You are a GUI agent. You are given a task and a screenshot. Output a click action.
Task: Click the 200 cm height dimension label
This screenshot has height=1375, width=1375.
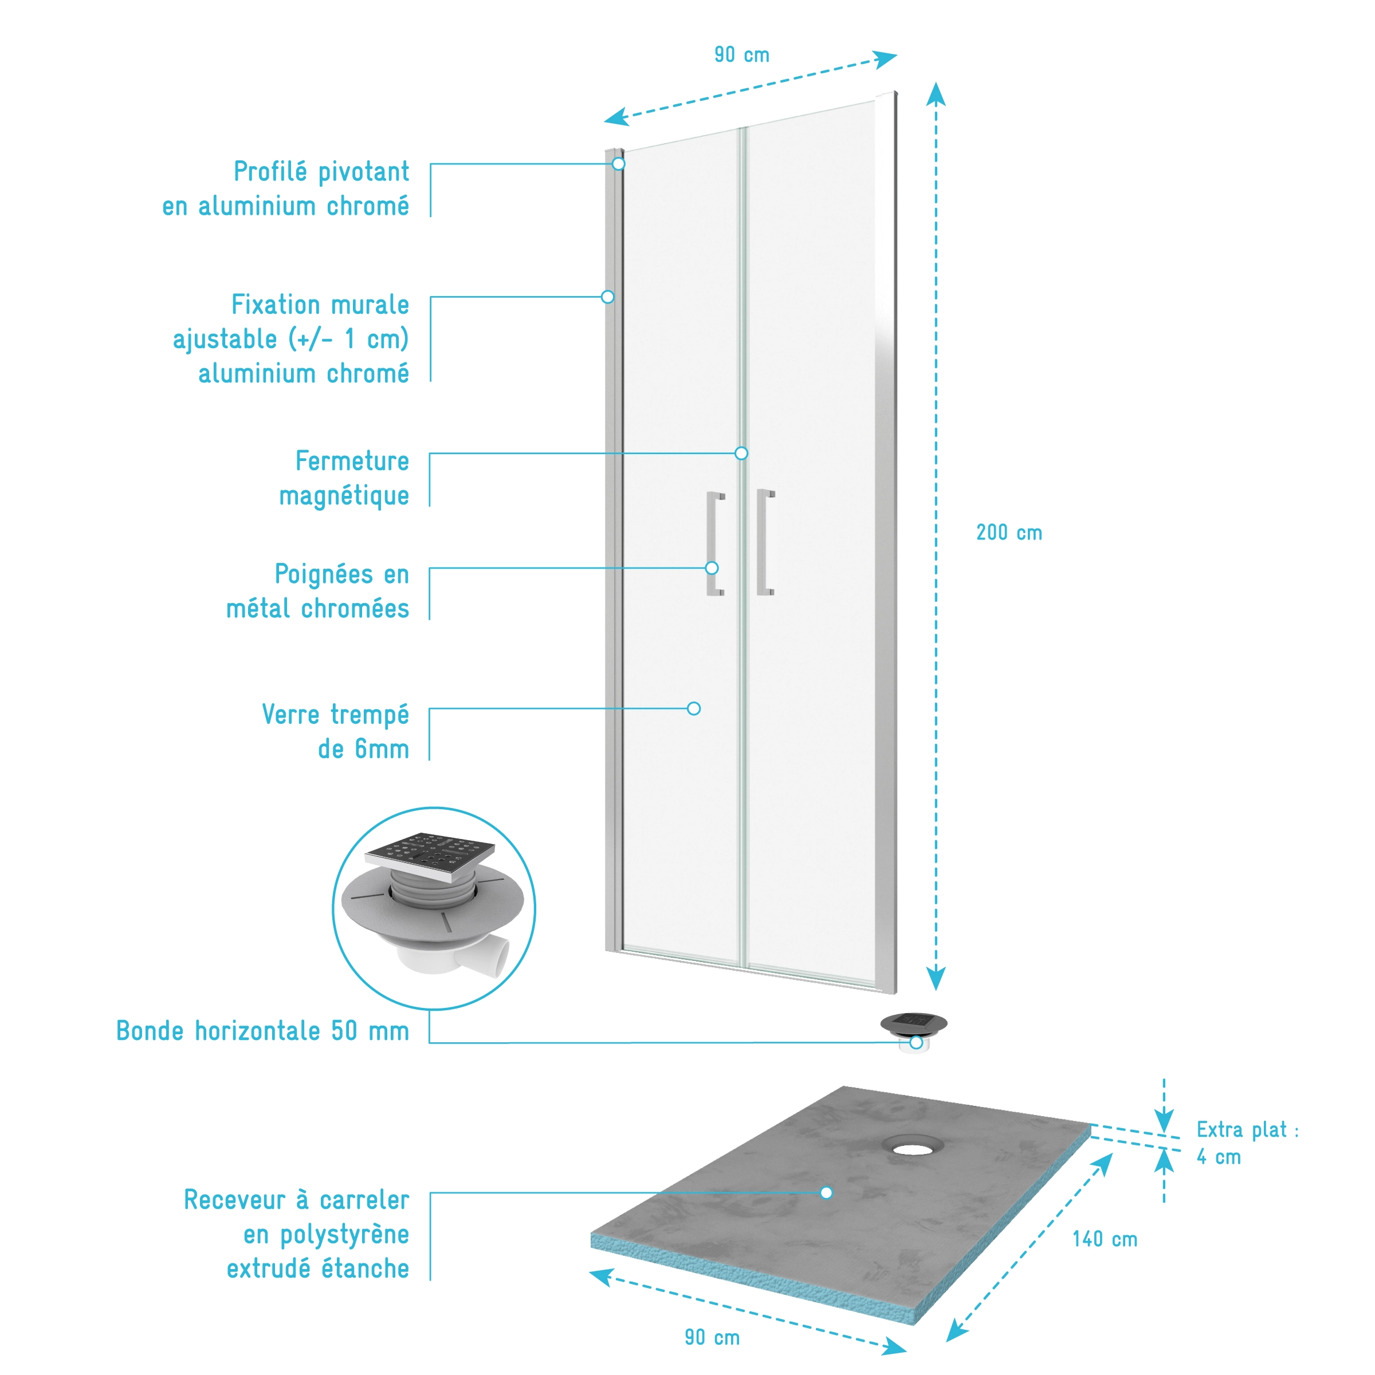coord(1008,533)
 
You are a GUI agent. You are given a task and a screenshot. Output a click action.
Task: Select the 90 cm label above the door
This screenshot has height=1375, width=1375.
coord(741,55)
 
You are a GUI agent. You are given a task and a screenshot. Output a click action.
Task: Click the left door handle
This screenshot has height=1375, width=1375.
coord(714,543)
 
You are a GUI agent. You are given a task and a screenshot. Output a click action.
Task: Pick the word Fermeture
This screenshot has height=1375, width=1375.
coord(352,461)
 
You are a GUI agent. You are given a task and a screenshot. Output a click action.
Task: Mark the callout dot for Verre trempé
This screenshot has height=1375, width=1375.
coord(694,709)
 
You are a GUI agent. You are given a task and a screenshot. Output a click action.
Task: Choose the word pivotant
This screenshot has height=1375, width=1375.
coord(363,172)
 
